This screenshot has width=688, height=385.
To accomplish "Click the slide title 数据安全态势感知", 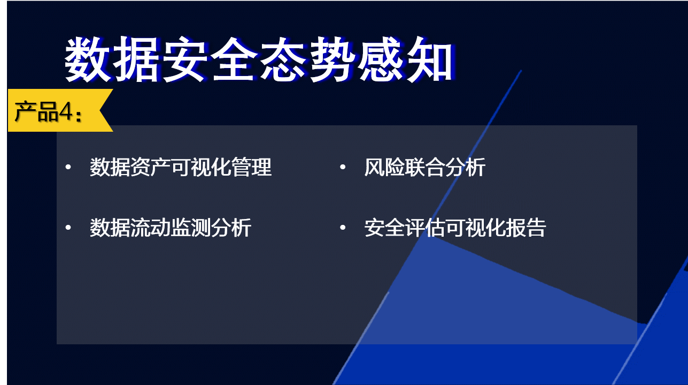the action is tap(259, 59).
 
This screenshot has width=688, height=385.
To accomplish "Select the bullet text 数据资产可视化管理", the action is tap(181, 167).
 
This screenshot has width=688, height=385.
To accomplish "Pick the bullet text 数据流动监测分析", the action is tap(171, 228).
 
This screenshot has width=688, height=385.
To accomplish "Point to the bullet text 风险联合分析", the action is tap(425, 167).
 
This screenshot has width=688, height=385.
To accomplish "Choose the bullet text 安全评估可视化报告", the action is tap(455, 228).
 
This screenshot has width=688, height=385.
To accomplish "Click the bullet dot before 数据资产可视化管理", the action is tap(68, 167).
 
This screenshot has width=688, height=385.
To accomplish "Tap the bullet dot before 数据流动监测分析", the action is tap(68, 228).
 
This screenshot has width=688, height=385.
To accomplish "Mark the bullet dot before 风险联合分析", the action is tap(343, 167).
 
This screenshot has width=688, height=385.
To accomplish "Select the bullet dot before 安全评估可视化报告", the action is tap(343, 228).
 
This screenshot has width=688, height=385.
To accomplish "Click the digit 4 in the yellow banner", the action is tap(66, 111).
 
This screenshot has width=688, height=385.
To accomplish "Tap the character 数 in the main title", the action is tap(88, 59).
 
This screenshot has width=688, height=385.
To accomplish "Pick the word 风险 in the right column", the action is tap(384, 167).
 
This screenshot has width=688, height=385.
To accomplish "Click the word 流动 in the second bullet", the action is tap(150, 228).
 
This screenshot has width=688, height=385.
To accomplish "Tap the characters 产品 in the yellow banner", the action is tap(36, 111).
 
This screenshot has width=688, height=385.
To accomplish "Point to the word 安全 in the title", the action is tap(210, 59).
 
